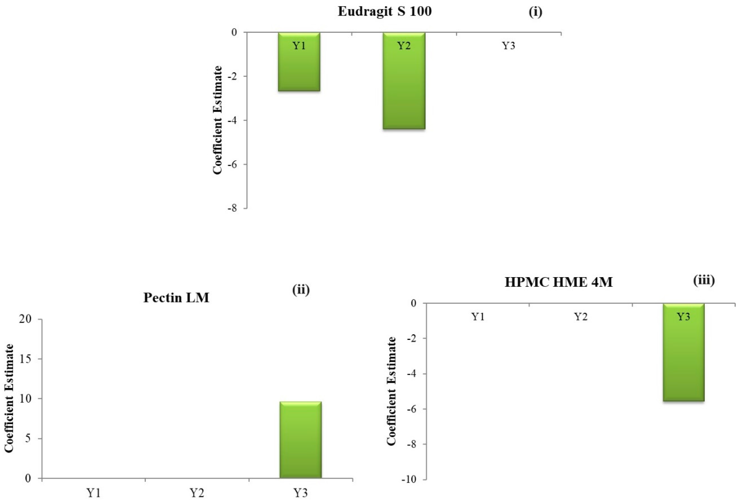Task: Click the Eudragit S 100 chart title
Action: [x=385, y=11]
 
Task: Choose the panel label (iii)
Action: [x=704, y=280]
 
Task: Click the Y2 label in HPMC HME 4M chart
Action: [x=581, y=317]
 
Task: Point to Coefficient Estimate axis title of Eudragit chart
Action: [x=218, y=120]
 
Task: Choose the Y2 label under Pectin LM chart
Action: [x=197, y=493]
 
